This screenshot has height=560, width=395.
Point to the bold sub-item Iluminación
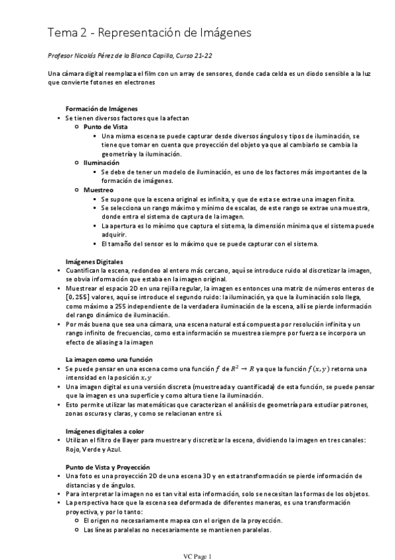tap(102, 162)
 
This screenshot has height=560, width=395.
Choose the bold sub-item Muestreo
tap(98, 190)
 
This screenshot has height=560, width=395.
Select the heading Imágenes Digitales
tap(94, 262)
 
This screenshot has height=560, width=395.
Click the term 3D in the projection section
tap(215, 475)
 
